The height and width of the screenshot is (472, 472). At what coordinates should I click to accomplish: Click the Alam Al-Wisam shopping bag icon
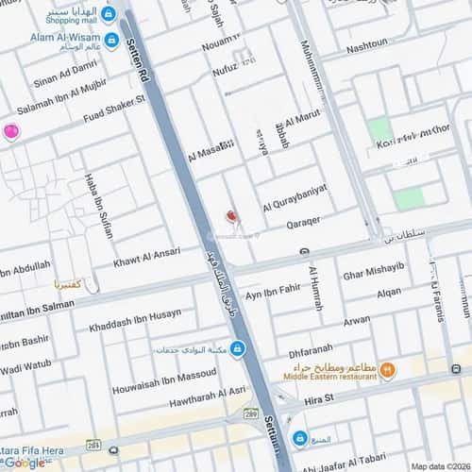(x=112, y=40)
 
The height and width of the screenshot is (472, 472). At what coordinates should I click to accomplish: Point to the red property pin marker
(x=226, y=216)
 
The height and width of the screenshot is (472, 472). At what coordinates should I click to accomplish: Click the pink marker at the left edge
(x=10, y=132)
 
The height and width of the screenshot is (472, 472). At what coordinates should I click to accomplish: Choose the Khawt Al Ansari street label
(x=146, y=256)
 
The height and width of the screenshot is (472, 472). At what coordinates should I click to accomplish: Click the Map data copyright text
(x=437, y=465)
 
